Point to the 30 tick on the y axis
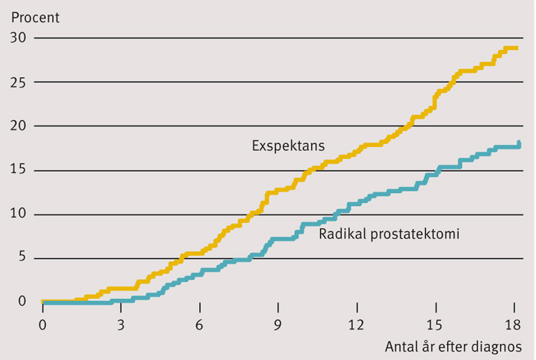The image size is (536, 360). pyautogui.click(x=18, y=38)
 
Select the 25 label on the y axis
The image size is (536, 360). pyautogui.click(x=18, y=82)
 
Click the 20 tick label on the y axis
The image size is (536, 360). pyautogui.click(x=18, y=126)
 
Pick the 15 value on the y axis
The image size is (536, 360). pyautogui.click(x=18, y=170)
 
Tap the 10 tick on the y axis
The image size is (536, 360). pyautogui.click(x=18, y=214)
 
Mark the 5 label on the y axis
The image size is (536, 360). pyautogui.click(x=21, y=258)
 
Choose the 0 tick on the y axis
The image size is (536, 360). pyautogui.click(x=21, y=302)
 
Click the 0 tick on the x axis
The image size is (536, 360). pyautogui.click(x=42, y=323)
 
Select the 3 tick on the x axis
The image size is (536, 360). pyautogui.click(x=120, y=323)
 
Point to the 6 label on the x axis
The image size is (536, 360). pyautogui.click(x=199, y=323)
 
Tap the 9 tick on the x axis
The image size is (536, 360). pyautogui.click(x=278, y=323)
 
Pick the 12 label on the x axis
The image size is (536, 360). pyautogui.click(x=356, y=323)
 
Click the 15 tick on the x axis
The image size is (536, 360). pyautogui.click(x=435, y=323)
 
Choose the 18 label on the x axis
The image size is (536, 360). pyautogui.click(x=513, y=323)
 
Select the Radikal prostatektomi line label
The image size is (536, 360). pyautogui.click(x=388, y=234)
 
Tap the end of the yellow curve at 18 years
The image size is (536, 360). pyautogui.click(x=517, y=48)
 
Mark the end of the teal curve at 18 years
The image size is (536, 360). pyautogui.click(x=519, y=143)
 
